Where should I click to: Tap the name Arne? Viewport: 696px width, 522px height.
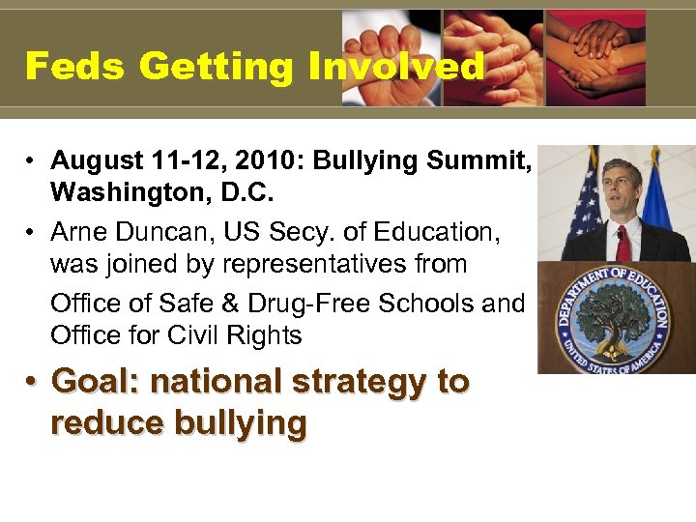coord(77,232)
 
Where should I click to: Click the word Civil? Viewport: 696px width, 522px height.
coord(203,335)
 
